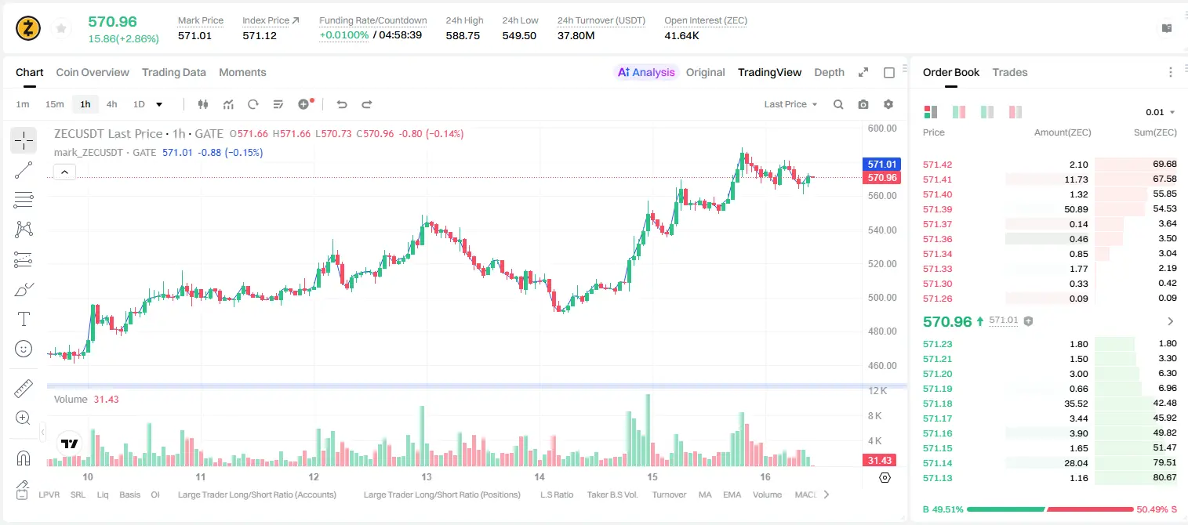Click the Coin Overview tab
click(x=93, y=72)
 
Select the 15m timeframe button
click(x=55, y=104)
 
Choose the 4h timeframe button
click(x=111, y=104)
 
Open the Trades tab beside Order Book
click(x=1010, y=72)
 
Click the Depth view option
click(x=829, y=72)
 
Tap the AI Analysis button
click(x=646, y=72)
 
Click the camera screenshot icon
click(x=863, y=104)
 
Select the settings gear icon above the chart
click(x=888, y=104)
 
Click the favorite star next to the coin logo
click(x=61, y=29)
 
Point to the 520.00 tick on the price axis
click(x=882, y=264)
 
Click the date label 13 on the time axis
click(x=427, y=476)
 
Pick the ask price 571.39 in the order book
click(x=937, y=209)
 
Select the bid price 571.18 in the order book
click(x=937, y=404)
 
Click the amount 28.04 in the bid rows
click(x=1076, y=463)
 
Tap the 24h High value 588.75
click(x=463, y=35)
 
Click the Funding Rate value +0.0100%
click(x=343, y=35)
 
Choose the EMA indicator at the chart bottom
click(x=732, y=494)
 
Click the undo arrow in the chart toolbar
click(x=342, y=104)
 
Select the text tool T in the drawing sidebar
click(x=24, y=319)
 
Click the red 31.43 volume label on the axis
click(x=879, y=461)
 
